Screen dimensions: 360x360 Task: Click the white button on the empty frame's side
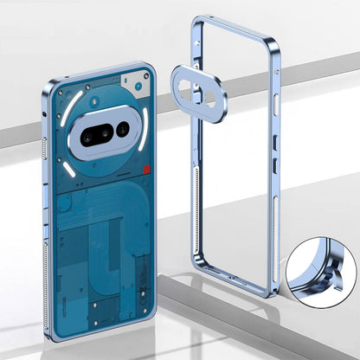277,100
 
